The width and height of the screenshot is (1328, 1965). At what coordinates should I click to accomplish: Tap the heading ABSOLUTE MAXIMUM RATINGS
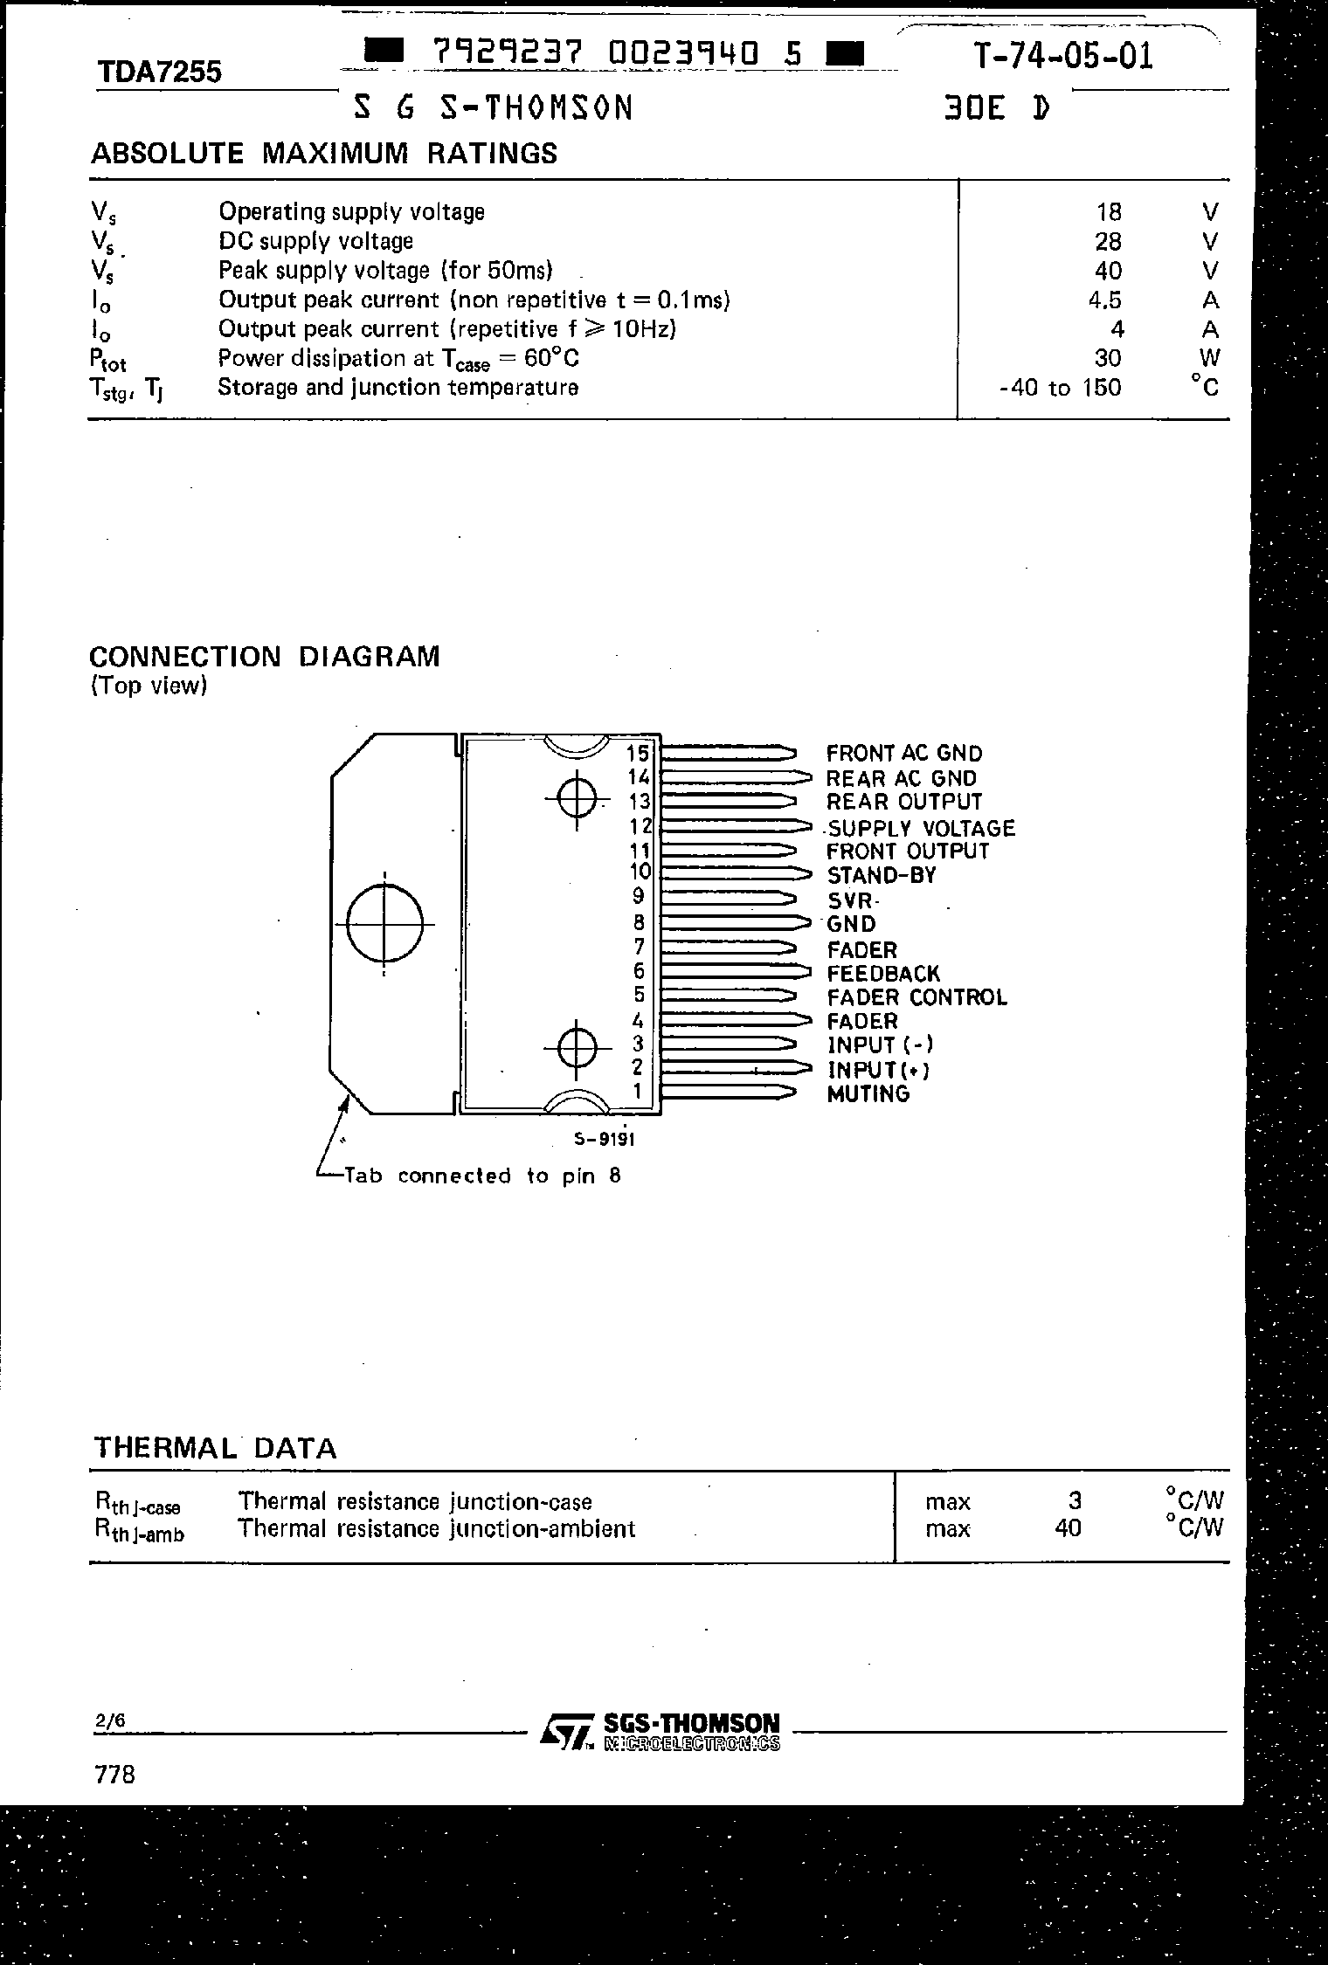tap(324, 154)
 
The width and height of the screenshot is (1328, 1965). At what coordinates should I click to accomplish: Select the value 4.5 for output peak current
tap(1104, 300)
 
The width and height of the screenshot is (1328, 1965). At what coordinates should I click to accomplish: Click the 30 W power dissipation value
tap(1108, 358)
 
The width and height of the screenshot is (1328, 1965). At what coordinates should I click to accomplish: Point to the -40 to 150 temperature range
tap(1060, 387)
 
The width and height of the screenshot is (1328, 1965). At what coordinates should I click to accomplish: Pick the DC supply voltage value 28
tap(1108, 241)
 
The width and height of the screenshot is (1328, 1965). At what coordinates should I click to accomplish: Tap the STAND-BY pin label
tap(881, 875)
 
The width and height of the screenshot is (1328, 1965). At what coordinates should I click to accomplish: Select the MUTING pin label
tap(868, 1093)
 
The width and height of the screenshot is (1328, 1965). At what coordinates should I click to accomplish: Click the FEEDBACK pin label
tap(883, 973)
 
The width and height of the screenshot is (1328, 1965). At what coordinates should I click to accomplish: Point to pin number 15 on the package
tap(639, 753)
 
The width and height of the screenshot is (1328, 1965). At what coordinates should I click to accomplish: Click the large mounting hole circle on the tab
tap(384, 923)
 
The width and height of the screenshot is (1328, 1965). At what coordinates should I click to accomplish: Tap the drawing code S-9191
tap(604, 1139)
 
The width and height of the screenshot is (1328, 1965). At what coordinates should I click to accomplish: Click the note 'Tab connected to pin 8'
tap(482, 1176)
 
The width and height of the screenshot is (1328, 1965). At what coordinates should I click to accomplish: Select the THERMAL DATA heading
tap(215, 1448)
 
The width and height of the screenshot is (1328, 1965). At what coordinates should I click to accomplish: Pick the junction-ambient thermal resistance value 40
tap(1068, 1527)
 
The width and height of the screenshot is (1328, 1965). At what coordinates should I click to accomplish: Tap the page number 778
tap(114, 1775)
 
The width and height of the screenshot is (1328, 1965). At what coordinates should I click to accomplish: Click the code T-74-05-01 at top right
tap(1063, 57)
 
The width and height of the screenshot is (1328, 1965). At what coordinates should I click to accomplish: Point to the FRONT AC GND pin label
tap(904, 753)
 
